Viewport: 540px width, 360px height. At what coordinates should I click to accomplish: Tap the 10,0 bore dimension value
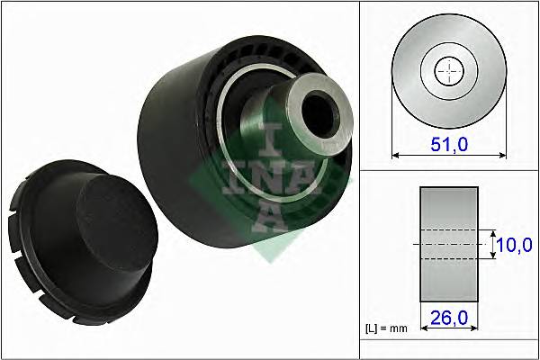515,243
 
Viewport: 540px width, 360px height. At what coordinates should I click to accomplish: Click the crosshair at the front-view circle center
448,71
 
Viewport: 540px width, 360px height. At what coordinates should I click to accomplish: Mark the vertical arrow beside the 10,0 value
492,243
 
